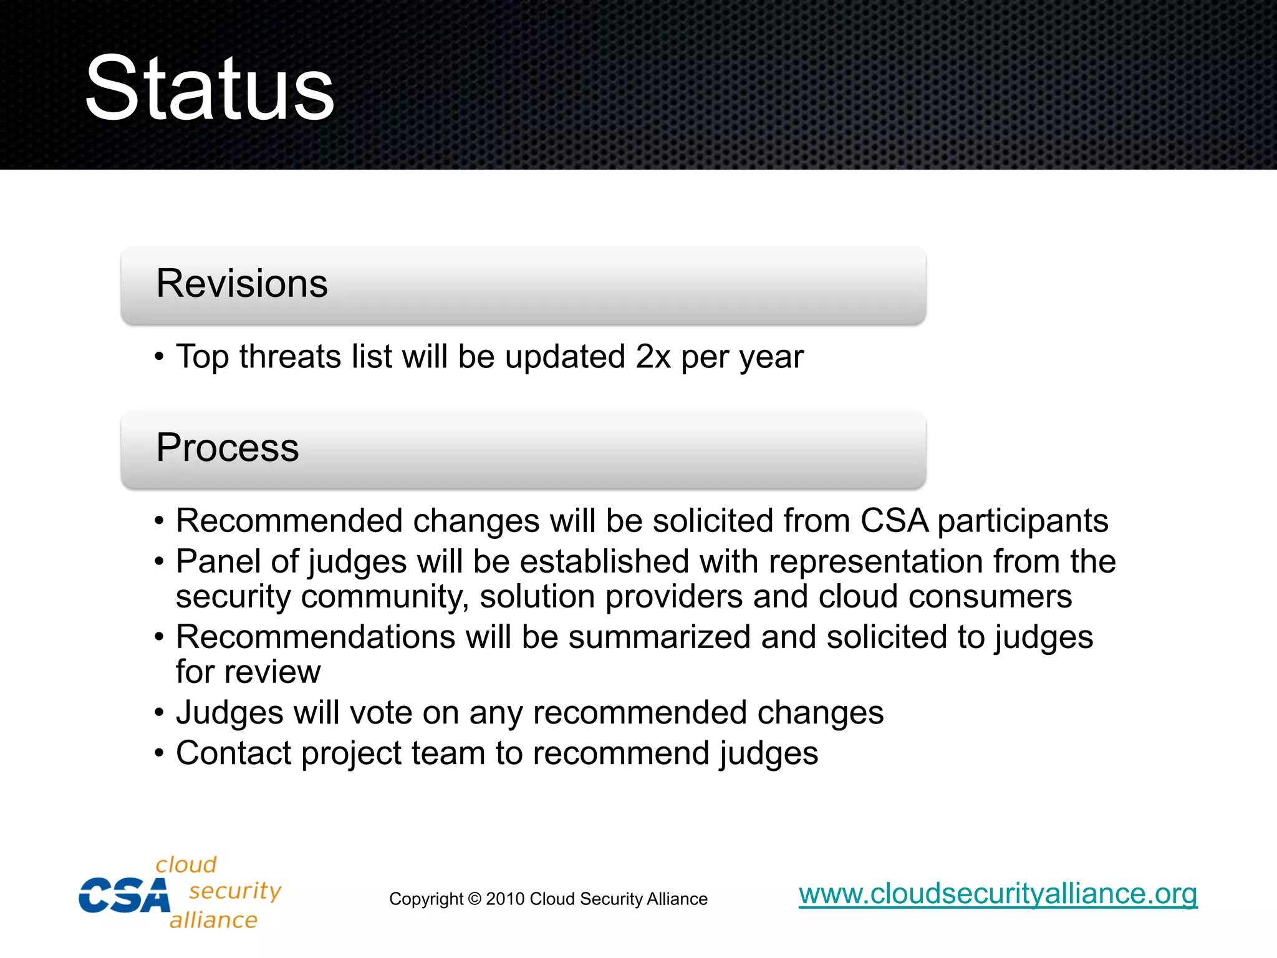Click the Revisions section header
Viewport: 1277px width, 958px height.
(242, 284)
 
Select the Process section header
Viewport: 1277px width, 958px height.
(228, 448)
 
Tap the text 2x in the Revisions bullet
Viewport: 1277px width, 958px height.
(653, 357)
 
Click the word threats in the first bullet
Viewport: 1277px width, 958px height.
(290, 357)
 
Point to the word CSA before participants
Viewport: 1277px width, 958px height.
(894, 521)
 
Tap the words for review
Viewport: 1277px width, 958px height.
(248, 672)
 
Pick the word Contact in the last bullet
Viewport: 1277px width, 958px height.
(233, 753)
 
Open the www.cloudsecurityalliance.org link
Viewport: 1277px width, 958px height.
(998, 894)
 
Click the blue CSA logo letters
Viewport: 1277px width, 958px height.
(123, 896)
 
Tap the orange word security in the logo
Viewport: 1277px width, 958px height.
(235, 891)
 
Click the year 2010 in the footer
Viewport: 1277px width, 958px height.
(504, 899)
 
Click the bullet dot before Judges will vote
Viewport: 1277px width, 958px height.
(160, 712)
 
